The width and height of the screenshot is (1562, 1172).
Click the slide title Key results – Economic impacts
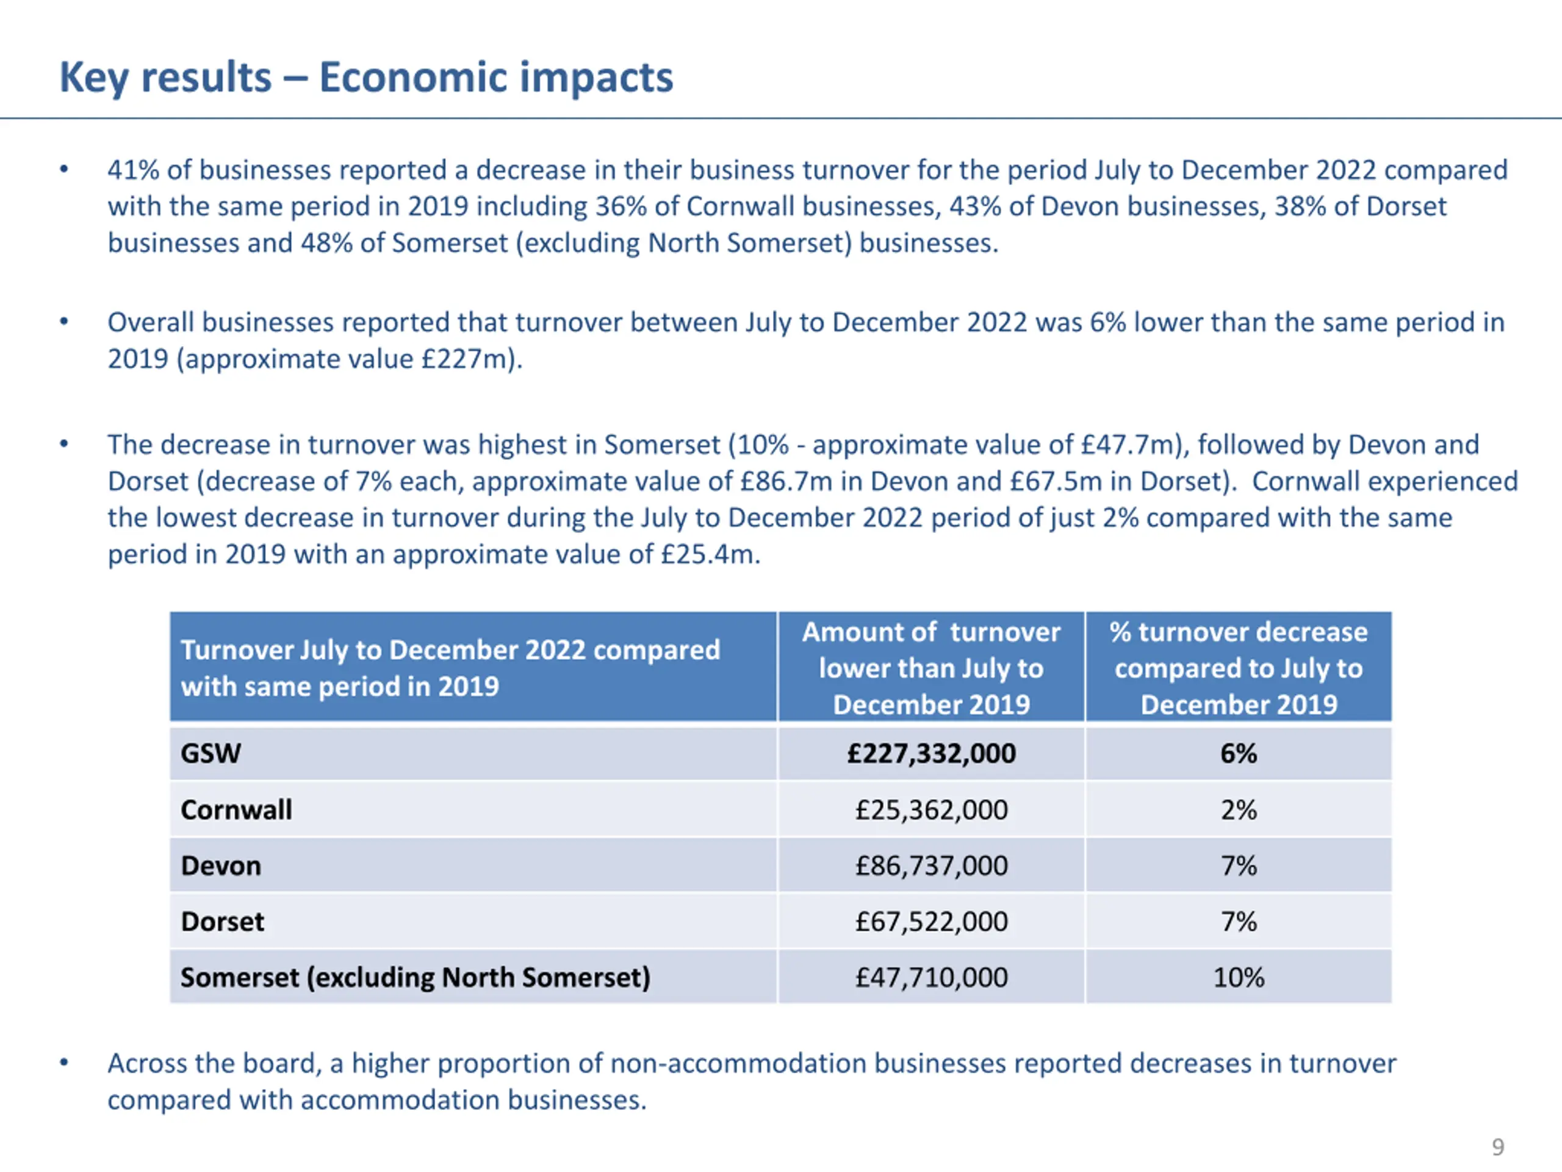[365, 77]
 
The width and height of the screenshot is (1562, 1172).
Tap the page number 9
[1498, 1146]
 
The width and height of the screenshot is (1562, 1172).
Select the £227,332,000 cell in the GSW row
[932, 754]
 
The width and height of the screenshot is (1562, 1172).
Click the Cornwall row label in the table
[236, 809]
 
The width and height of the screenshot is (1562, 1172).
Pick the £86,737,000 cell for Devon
[932, 866]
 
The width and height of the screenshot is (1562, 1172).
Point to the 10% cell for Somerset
[1239, 977]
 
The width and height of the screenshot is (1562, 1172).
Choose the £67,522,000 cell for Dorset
[932, 921]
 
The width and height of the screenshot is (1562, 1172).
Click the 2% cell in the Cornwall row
[1239, 809]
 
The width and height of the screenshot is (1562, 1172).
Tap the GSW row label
[211, 754]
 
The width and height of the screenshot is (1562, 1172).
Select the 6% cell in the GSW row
[1239, 754]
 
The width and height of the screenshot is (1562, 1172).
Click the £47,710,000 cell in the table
[932, 977]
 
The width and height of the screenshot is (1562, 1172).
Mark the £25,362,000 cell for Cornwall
[932, 809]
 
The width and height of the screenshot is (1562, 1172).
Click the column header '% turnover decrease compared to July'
[1239, 668]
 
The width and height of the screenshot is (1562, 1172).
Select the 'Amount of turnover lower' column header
[932, 668]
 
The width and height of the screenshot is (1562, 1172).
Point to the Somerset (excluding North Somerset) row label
[416, 978]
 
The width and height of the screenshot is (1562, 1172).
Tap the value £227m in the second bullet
[467, 359]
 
